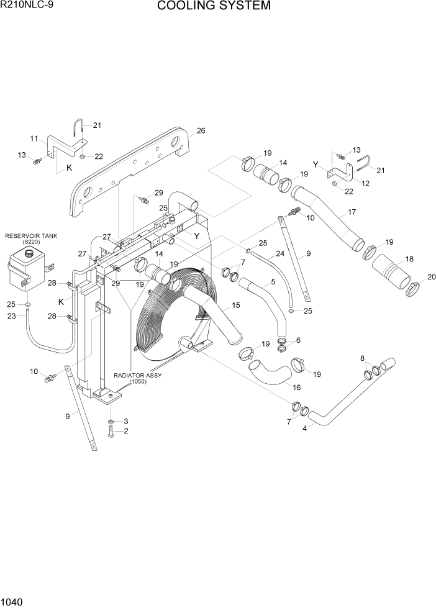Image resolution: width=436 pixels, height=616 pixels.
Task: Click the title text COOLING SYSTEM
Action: click(x=214, y=6)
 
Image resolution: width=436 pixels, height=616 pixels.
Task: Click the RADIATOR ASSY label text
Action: click(x=138, y=376)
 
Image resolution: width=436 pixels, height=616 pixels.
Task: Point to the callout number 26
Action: click(x=201, y=130)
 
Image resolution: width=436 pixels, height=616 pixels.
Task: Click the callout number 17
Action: click(x=352, y=212)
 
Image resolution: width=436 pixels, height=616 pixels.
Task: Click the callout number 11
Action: click(x=34, y=138)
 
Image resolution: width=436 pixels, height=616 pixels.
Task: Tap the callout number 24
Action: click(x=280, y=253)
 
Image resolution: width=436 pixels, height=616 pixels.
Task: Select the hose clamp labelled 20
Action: click(x=411, y=288)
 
